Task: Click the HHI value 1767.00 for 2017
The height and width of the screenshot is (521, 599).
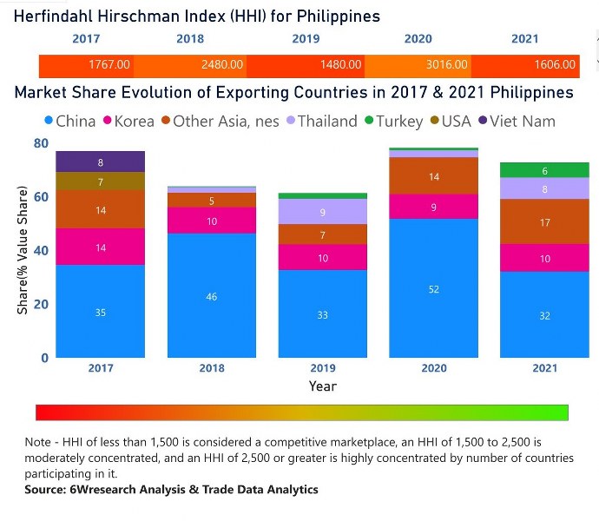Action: point(109,64)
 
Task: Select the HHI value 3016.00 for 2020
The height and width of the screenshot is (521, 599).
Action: point(448,64)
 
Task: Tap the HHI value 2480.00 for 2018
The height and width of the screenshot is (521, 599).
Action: point(222,64)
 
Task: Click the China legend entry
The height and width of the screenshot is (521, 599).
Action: point(69,121)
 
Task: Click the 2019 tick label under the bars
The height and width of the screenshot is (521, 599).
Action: point(322,368)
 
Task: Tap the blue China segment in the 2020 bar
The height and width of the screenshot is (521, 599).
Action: point(433,288)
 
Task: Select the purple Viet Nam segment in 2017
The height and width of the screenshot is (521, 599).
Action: point(100,162)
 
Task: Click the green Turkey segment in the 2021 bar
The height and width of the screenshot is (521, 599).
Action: point(544,170)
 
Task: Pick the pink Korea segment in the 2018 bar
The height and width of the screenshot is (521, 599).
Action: point(211,221)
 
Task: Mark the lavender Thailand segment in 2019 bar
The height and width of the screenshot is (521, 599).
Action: point(322,212)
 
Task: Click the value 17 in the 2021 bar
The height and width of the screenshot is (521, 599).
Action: point(544,222)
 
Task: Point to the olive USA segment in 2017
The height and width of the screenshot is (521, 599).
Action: point(100,181)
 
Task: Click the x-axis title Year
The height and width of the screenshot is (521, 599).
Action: point(322,386)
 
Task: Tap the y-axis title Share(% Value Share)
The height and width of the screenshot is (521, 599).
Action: point(21,250)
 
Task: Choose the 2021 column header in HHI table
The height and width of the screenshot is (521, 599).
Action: point(525,39)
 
